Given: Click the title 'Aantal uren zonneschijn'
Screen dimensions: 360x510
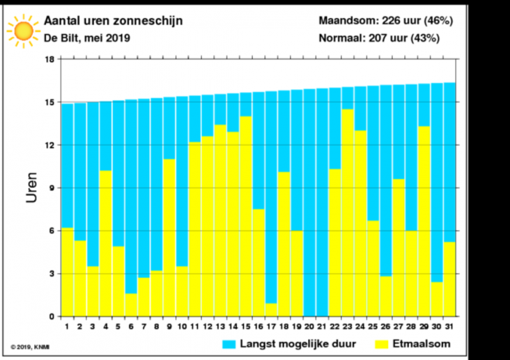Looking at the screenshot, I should pyautogui.click(x=114, y=21).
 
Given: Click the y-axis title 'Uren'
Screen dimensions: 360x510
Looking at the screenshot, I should pyautogui.click(x=32, y=187).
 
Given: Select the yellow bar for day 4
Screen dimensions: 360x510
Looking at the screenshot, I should pyautogui.click(x=105, y=243).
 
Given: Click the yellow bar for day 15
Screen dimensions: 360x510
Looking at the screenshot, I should pyautogui.click(x=245, y=216).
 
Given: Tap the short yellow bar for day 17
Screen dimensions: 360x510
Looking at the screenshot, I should pyautogui.click(x=271, y=310).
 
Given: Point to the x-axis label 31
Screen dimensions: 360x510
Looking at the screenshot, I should pyautogui.click(x=450, y=326).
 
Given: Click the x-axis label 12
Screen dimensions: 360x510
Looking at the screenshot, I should pyautogui.click(x=207, y=326).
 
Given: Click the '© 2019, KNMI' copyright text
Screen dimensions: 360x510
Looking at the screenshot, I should pyautogui.click(x=30, y=346).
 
